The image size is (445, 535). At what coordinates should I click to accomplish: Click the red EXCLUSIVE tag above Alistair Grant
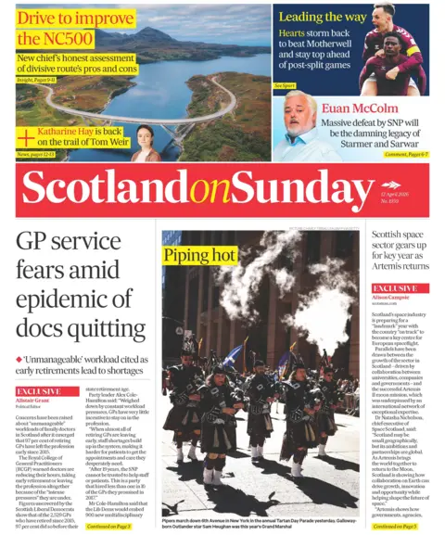point(43,392)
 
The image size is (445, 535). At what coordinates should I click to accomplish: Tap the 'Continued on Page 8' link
point(109,526)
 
